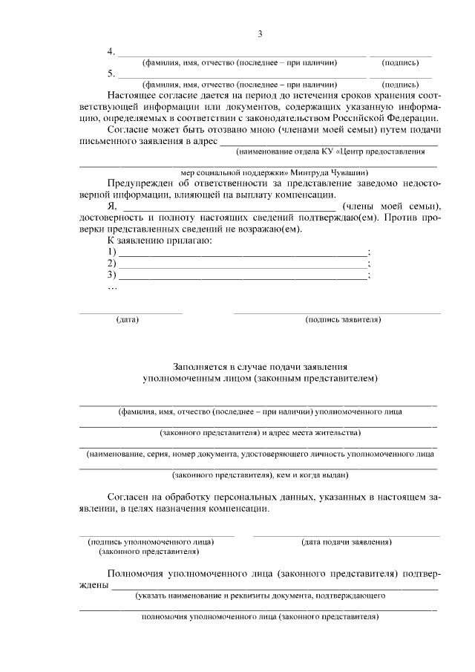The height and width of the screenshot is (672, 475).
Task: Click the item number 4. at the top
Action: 111,52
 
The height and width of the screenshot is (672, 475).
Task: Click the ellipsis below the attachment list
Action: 113,288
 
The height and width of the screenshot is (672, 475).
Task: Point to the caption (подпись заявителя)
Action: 343,320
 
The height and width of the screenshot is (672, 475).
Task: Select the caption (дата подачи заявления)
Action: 347,542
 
